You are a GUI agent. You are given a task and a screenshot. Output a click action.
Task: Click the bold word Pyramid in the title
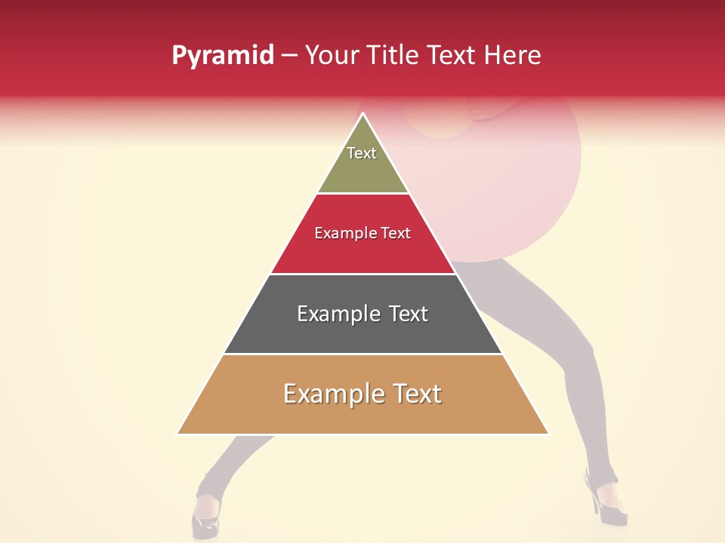tap(223, 56)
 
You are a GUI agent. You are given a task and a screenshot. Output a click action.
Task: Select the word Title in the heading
tap(393, 55)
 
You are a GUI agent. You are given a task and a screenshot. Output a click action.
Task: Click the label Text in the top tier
tap(362, 153)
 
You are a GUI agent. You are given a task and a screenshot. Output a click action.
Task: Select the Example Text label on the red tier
tap(362, 233)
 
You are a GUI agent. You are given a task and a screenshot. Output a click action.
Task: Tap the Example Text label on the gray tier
tap(362, 314)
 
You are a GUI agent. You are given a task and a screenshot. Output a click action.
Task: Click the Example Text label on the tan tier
tap(362, 394)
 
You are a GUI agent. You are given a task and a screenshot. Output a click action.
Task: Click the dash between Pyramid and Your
tap(289, 56)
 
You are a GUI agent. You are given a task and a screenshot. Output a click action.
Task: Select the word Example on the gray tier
tap(337, 314)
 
